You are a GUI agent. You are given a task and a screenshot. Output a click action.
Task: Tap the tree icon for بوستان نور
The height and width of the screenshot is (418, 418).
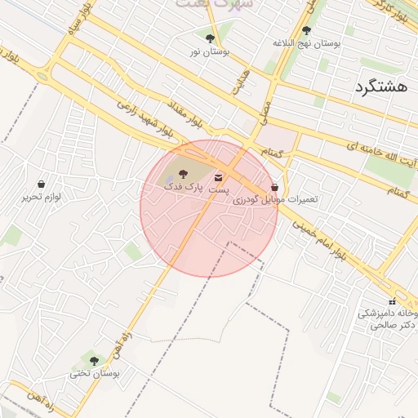(x=211, y=38)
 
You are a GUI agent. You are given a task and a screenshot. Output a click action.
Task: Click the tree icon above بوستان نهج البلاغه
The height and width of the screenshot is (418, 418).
(x=306, y=30)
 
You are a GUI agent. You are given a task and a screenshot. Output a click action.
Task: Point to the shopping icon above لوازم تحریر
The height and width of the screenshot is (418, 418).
(x=42, y=185)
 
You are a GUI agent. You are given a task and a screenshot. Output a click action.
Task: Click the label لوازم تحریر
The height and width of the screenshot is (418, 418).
(x=42, y=198)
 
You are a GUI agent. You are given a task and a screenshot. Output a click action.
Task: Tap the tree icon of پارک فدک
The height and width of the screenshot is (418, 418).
(x=183, y=173)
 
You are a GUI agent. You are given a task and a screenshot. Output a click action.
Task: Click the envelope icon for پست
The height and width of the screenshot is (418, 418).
(x=218, y=177)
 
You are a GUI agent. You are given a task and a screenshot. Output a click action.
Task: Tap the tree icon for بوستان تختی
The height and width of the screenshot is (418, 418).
(x=94, y=360)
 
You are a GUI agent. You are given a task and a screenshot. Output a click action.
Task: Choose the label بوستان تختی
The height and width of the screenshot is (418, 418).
(x=94, y=373)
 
